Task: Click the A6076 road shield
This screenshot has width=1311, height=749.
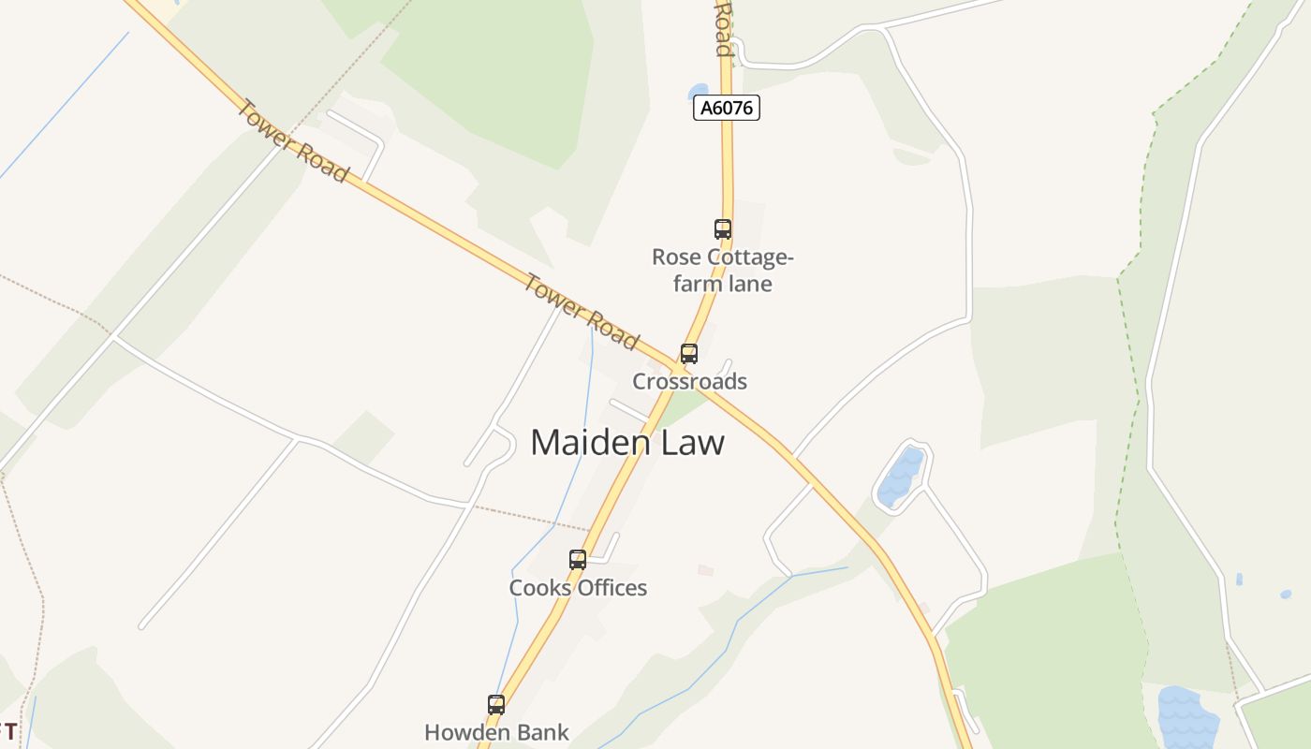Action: (x=727, y=109)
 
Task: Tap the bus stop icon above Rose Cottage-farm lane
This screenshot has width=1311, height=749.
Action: (x=722, y=228)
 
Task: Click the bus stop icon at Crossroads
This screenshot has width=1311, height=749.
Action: (x=689, y=354)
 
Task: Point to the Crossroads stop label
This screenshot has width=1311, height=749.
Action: (x=689, y=381)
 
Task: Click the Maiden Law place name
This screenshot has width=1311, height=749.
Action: (x=627, y=442)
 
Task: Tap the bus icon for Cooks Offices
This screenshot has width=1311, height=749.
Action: (x=578, y=560)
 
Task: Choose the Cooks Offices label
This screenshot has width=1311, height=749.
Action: (x=578, y=588)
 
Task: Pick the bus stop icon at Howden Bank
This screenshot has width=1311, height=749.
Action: (x=496, y=705)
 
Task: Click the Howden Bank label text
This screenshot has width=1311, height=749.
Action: (x=496, y=732)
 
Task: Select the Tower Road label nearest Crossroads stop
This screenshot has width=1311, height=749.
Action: (x=582, y=312)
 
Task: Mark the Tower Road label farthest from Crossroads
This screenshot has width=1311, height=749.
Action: (x=291, y=140)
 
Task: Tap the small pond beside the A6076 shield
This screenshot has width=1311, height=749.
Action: (x=699, y=92)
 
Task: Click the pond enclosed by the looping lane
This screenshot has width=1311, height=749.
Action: (x=901, y=477)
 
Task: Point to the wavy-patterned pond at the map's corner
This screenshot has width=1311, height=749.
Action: (x=1187, y=716)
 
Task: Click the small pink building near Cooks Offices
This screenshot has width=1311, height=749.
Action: (x=705, y=569)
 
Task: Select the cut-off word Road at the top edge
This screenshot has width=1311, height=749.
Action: (x=722, y=28)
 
